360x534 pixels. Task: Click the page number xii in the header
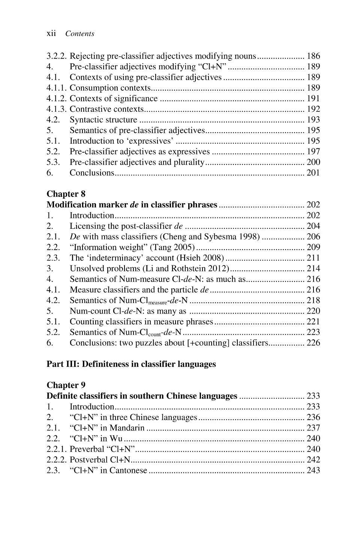click(x=51, y=33)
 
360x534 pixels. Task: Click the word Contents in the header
click(x=79, y=34)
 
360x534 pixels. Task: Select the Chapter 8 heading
click(x=66, y=194)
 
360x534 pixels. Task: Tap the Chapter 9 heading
click(x=66, y=385)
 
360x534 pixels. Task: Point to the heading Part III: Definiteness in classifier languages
click(x=131, y=364)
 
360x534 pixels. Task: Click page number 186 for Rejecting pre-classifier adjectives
click(x=313, y=56)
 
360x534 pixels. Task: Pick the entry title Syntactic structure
click(x=103, y=120)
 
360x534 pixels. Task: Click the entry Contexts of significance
click(x=114, y=99)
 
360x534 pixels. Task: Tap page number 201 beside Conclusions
click(x=313, y=173)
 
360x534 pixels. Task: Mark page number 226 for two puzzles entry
click(x=313, y=343)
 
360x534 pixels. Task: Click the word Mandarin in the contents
click(x=127, y=428)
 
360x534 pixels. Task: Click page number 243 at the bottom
click(x=313, y=470)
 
